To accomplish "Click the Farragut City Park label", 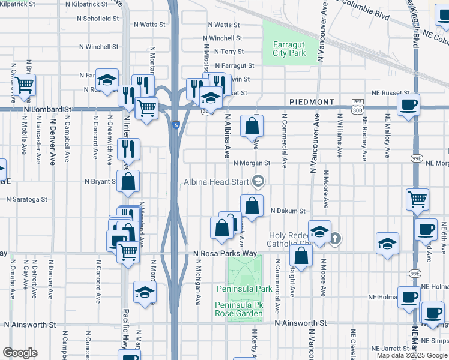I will click(x=289, y=49).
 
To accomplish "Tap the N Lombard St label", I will click(x=47, y=110).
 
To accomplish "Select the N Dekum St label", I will click(x=288, y=211).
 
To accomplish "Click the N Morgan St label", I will click(x=252, y=163).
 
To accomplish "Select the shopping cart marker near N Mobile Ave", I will click(x=24, y=86).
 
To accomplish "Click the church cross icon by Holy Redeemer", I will click(x=335, y=239).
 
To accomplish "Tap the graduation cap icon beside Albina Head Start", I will click(x=258, y=181).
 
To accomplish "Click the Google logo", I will click(x=20, y=353).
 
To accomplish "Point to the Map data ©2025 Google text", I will click(x=412, y=355).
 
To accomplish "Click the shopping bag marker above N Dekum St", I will click(x=252, y=205).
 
